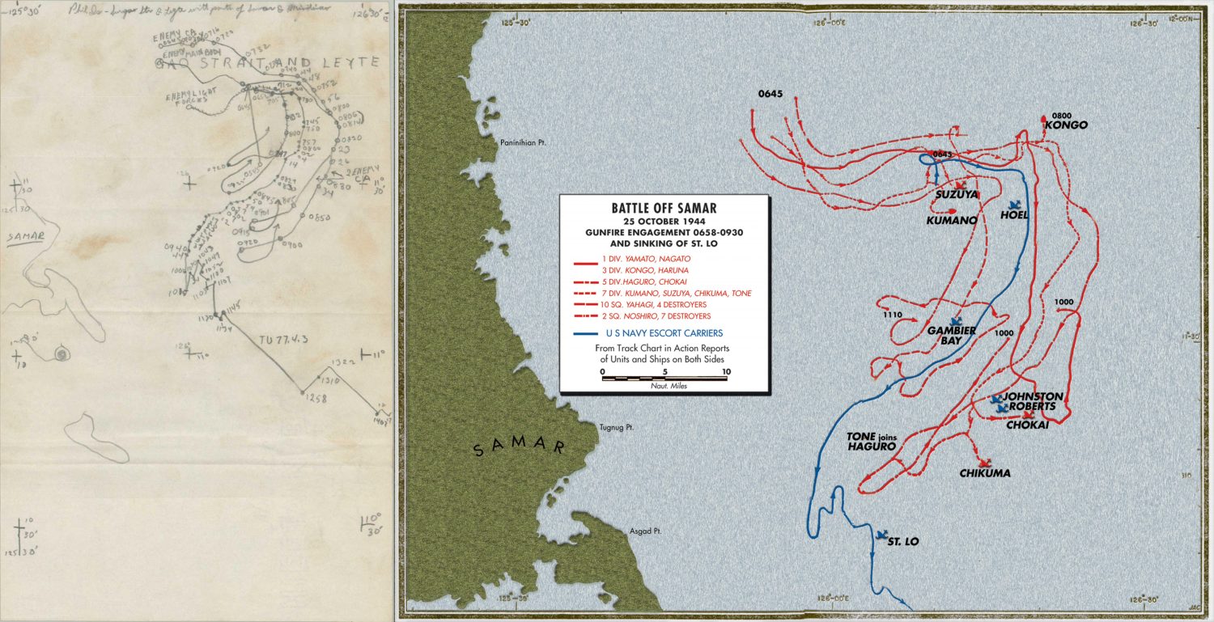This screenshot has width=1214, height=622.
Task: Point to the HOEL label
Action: (x=1014, y=215)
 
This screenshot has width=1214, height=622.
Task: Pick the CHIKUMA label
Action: (x=985, y=473)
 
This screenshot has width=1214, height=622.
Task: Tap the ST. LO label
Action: (x=902, y=542)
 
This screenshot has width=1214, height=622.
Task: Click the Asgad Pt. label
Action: (x=646, y=531)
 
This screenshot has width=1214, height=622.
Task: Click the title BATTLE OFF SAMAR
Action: (x=664, y=207)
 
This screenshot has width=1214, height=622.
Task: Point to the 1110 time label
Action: (x=893, y=314)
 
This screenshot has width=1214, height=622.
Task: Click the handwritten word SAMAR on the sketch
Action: (x=25, y=238)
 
